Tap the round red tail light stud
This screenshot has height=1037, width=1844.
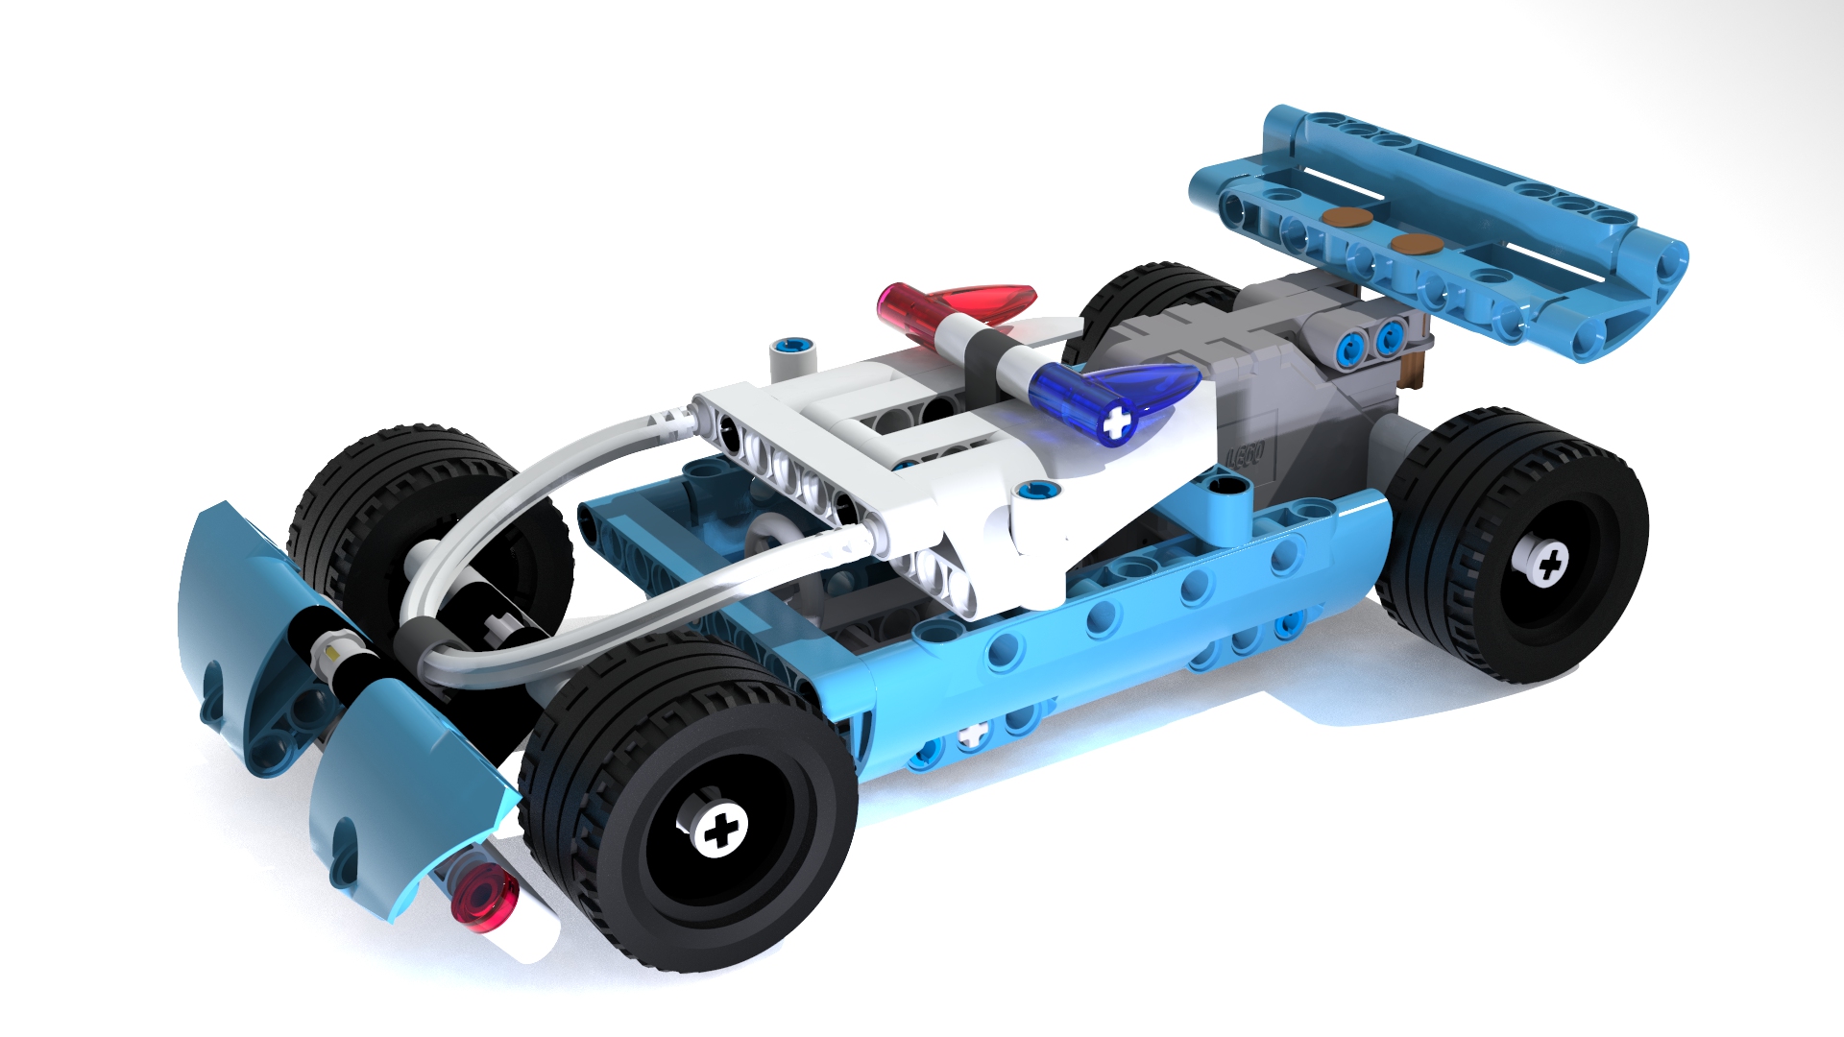486,900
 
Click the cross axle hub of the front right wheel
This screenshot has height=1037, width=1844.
717,828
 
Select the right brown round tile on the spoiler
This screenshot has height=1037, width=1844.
1412,244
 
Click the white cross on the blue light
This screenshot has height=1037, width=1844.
1116,422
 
